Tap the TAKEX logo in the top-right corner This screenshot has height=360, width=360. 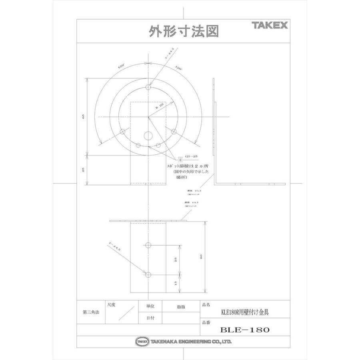coord(270,26)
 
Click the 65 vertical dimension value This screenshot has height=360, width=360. coord(83,116)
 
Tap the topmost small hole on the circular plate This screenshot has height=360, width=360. coord(148,87)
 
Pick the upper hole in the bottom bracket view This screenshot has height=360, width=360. coord(148,244)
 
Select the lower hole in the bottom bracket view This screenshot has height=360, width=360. coord(148,275)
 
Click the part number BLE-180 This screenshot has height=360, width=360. coord(245,330)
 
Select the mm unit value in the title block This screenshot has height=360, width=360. coord(181,306)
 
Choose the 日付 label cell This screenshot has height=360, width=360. coord(145,318)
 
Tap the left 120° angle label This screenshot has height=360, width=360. coord(120,67)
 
